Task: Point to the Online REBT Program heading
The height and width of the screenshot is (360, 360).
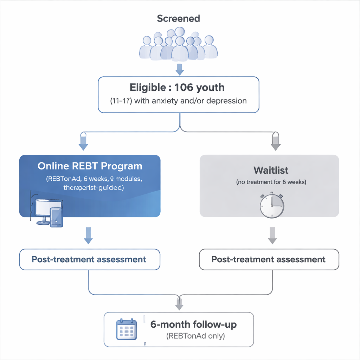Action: tap(90, 166)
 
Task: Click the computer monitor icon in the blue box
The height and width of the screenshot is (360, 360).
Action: tap(49, 210)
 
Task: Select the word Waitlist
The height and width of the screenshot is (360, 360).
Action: tap(271, 171)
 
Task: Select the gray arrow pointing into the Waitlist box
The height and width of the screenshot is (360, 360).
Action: tap(276, 142)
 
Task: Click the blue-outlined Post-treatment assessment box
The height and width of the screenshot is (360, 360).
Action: tap(89, 259)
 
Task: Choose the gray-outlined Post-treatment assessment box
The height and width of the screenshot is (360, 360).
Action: tap(269, 260)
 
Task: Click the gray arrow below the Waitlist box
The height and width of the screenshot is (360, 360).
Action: tap(271, 236)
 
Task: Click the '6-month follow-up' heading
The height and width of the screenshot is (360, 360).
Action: tap(193, 324)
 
